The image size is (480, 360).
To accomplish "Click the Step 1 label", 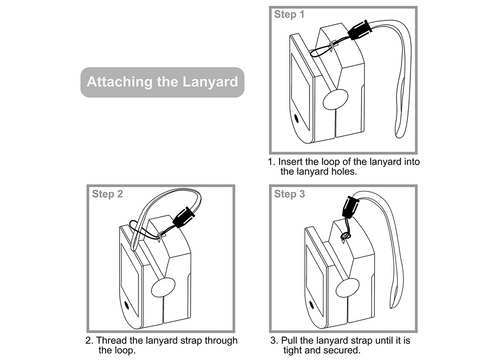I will [290, 17].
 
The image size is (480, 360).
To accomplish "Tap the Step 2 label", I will [107, 193].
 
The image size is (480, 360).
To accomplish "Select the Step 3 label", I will [290, 193].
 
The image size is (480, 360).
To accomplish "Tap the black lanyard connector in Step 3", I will [351, 210].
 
